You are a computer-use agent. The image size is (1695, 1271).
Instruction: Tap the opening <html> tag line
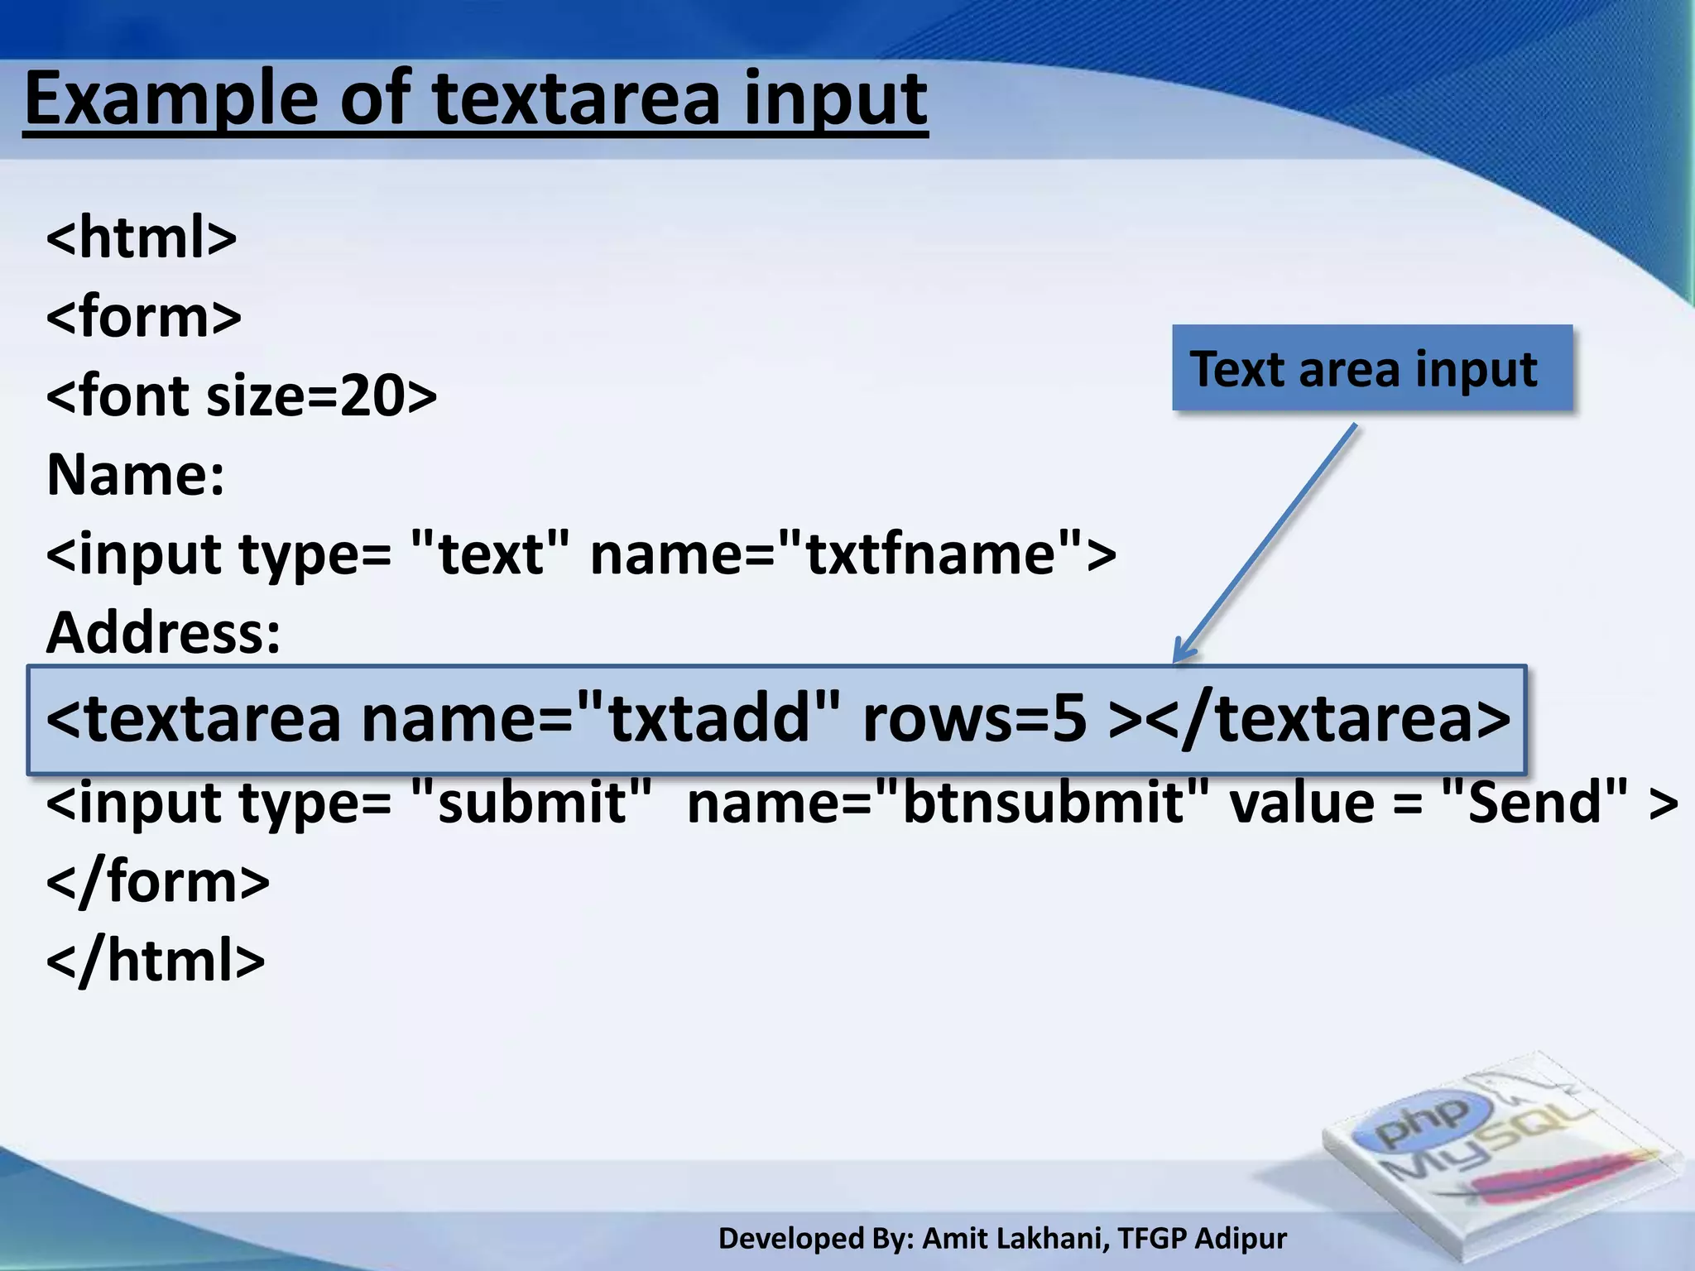tap(142, 237)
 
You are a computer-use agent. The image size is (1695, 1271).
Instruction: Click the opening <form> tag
tap(144, 316)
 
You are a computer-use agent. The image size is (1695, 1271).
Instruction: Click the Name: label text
tap(136, 475)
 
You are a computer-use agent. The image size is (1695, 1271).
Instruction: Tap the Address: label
tap(164, 633)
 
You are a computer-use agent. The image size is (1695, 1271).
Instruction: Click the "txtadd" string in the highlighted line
tap(708, 718)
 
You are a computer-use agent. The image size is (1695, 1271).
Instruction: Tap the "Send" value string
tap(1535, 803)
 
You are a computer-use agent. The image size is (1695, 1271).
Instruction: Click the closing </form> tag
tap(158, 881)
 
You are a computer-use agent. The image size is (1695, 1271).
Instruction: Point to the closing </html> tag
tap(156, 961)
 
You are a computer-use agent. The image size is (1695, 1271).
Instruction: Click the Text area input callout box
tap(1371, 368)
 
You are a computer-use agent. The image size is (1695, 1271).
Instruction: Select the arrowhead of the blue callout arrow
tap(1181, 653)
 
